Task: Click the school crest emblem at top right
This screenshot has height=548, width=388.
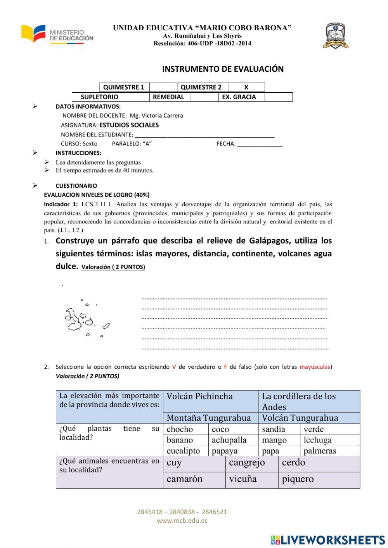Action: pyautogui.click(x=335, y=36)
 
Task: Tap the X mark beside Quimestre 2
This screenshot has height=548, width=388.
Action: pyautogui.click(x=246, y=87)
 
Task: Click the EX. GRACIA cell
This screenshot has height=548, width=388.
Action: pyautogui.click(x=239, y=97)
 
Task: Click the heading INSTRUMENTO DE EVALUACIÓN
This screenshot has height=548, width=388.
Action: pyautogui.click(x=223, y=69)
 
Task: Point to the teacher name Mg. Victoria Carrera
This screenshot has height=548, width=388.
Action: pyautogui.click(x=156, y=116)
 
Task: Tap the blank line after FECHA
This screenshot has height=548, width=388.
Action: pyautogui.click(x=260, y=144)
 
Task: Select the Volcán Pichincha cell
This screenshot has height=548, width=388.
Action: pyautogui.click(x=199, y=396)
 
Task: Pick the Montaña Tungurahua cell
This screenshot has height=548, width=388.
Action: pyautogui.click(x=209, y=418)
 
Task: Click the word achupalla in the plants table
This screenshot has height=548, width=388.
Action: pyautogui.click(x=229, y=440)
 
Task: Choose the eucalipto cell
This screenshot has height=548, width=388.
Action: pyautogui.click(x=183, y=451)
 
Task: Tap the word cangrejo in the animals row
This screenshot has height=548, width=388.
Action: pyautogui.click(x=247, y=463)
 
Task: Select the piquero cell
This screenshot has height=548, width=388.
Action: pyautogui.click(x=298, y=479)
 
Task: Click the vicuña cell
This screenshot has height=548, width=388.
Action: pyautogui.click(x=243, y=479)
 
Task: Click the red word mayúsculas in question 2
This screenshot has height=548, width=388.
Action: pyautogui.click(x=315, y=367)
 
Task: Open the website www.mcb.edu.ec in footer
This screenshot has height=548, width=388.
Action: pyautogui.click(x=182, y=521)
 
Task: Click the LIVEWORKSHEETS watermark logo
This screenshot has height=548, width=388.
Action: pyautogui.click(x=328, y=540)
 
